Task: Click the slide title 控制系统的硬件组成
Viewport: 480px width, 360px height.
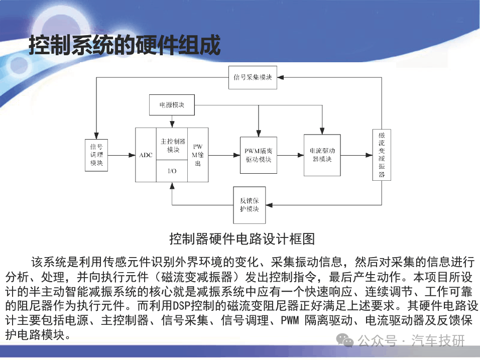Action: point(125,45)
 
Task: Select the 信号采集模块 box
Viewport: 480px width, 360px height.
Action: point(253,77)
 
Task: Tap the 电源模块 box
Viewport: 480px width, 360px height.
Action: point(172,105)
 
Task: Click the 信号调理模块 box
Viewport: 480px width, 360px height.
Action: point(96,155)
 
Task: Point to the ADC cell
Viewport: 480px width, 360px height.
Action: point(146,155)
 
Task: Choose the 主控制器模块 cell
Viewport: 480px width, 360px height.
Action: point(172,144)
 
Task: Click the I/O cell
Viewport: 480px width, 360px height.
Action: point(172,171)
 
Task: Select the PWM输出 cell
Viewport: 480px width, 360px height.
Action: point(198,155)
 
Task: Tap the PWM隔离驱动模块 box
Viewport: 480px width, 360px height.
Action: point(259,155)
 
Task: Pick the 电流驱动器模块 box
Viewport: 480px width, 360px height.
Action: point(322,155)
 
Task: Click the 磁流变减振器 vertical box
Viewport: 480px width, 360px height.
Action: point(382,155)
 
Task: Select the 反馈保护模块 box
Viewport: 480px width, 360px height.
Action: point(250,205)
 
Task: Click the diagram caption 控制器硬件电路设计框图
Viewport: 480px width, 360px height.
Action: point(242,239)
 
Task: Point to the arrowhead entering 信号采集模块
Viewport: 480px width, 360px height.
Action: point(280,77)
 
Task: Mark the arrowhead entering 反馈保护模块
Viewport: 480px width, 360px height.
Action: point(269,205)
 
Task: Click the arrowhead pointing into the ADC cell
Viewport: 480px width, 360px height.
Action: point(132,155)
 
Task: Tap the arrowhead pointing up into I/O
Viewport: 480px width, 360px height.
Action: point(172,185)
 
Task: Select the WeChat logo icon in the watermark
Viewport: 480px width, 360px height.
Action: point(345,340)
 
